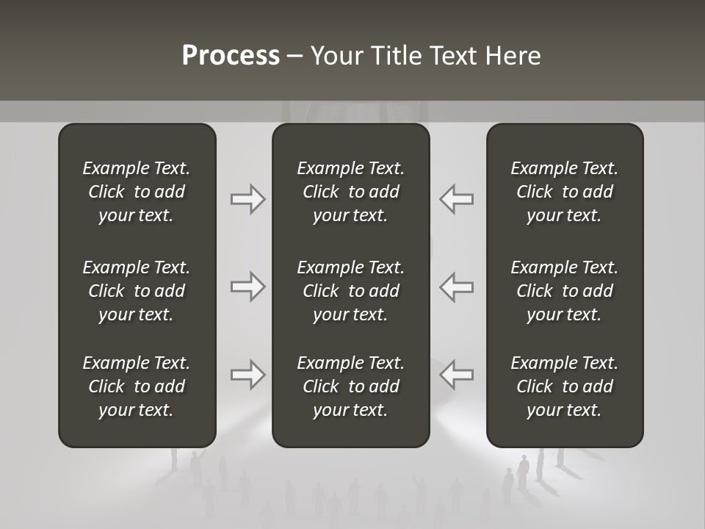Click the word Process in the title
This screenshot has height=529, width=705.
click(231, 56)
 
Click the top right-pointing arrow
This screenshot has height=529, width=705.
click(248, 199)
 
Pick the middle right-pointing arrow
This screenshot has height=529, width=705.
click(248, 287)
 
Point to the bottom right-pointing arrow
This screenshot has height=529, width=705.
click(248, 375)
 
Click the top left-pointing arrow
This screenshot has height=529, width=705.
click(456, 199)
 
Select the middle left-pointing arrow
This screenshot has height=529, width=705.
click(456, 287)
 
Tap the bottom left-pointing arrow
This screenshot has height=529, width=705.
click(456, 375)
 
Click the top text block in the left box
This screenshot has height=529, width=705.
click(137, 192)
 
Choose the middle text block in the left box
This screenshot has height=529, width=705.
click(137, 291)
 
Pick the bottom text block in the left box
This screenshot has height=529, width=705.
click(137, 386)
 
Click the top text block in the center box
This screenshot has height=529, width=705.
click(350, 192)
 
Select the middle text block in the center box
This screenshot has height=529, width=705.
click(350, 291)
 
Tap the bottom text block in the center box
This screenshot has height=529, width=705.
click(350, 386)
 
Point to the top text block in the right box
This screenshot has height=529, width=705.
click(564, 192)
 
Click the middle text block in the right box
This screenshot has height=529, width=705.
click(564, 291)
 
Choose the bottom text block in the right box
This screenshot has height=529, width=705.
click(564, 386)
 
